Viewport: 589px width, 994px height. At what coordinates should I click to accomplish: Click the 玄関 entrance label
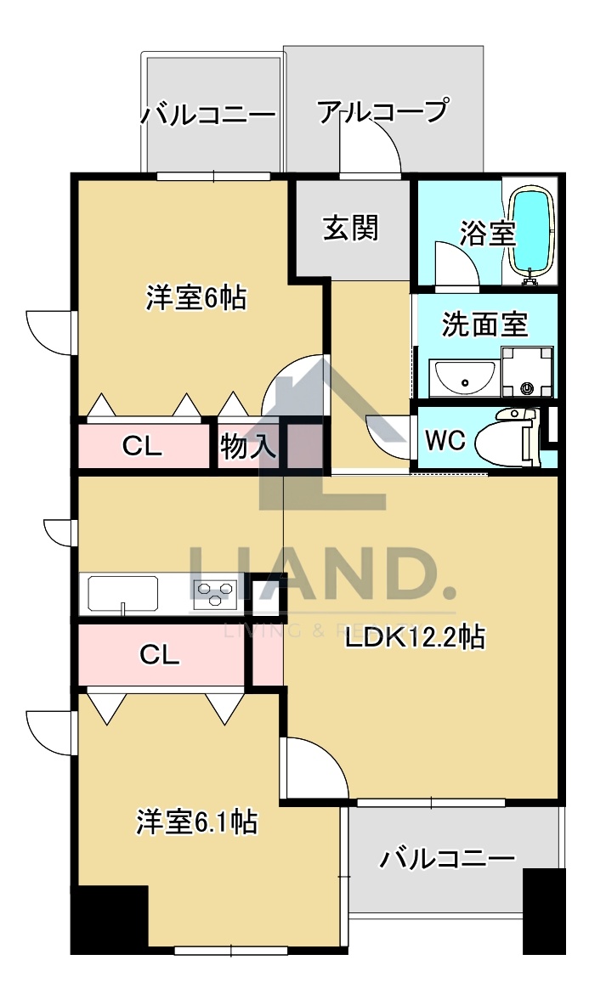(x=350, y=228)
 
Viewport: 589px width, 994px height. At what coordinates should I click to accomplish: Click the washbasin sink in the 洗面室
(x=463, y=377)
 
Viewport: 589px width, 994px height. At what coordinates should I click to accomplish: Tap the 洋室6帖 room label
(x=195, y=297)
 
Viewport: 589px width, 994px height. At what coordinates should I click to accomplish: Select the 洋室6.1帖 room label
(x=197, y=822)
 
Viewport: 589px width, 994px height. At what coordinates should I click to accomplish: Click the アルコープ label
(x=382, y=111)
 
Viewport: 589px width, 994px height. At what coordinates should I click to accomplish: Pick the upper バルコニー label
(x=209, y=114)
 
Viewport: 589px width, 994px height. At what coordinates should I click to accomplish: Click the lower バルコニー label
(x=447, y=858)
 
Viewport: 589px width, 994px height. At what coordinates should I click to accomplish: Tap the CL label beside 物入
(x=142, y=445)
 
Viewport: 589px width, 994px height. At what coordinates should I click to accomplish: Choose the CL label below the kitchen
(x=159, y=654)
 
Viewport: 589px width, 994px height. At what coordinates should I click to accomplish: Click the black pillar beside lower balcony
(x=543, y=910)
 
